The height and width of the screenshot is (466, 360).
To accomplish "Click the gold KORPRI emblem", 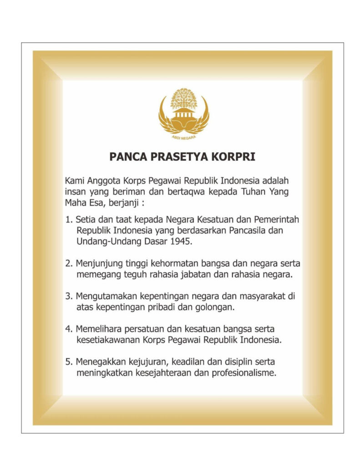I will pos(183,112).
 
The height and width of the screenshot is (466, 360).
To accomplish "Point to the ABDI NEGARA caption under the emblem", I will pos(183,136).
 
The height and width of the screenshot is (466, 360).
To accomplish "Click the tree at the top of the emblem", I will pos(183,98).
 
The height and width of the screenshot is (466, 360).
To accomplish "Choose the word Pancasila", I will pos(247,230).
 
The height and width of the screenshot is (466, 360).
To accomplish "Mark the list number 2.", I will pos(69,263).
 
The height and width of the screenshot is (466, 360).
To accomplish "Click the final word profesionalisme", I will pos(244,374).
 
